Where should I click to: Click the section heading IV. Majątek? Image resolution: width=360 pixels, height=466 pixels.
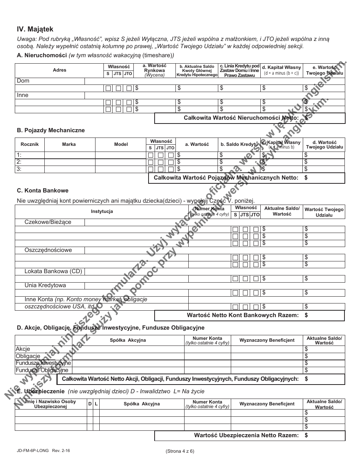point(35,29)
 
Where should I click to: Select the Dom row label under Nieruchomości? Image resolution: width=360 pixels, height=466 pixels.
point(23,81)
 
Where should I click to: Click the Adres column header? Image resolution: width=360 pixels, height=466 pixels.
point(59,70)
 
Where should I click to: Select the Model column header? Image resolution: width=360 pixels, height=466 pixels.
point(121,144)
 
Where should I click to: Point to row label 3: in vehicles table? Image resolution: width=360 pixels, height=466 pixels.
point(19,169)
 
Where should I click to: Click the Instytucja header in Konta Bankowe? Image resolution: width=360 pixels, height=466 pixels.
point(102,211)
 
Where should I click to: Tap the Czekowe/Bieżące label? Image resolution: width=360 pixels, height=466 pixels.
point(48,222)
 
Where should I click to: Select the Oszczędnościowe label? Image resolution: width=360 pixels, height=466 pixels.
point(48,250)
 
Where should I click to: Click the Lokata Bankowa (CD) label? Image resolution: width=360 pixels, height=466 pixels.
point(53,271)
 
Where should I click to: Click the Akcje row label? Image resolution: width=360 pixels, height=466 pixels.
point(23,349)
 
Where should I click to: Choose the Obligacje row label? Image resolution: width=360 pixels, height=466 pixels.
point(28,356)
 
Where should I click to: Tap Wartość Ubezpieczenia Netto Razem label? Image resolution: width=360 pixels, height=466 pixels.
point(246,435)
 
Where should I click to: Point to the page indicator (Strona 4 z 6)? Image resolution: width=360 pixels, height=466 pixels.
point(180,451)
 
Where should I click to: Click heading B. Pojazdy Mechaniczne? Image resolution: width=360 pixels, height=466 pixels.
point(51,130)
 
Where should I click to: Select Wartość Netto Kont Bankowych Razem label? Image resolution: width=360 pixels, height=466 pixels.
point(243,315)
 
